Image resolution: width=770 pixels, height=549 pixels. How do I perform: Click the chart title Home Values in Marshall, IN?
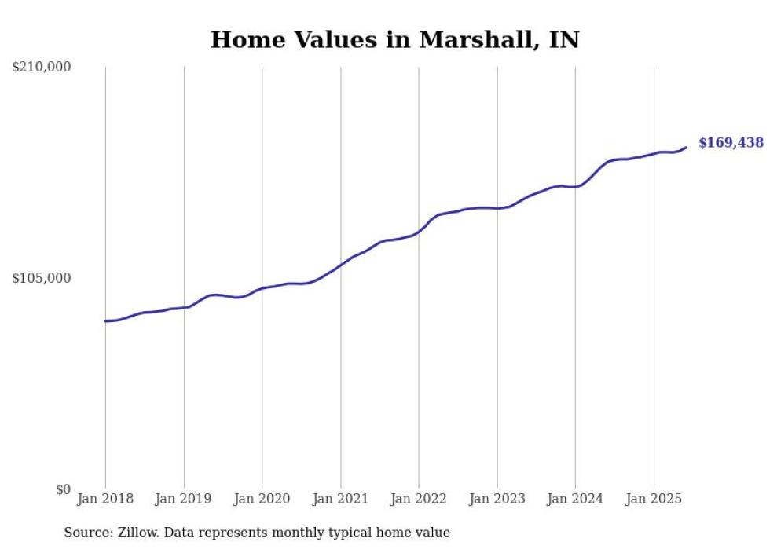(394, 39)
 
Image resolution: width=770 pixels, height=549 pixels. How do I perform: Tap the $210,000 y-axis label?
(42, 68)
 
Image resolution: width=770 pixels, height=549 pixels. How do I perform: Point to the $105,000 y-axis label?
(42, 278)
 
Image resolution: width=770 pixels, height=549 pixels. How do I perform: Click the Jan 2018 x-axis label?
(105, 499)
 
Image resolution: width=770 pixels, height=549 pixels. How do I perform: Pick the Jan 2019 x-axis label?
(184, 499)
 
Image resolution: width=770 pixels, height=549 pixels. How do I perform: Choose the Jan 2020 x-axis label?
(262, 499)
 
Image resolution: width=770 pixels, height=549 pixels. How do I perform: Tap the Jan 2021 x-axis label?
(340, 499)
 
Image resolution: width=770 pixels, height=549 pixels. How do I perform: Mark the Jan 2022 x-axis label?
(419, 499)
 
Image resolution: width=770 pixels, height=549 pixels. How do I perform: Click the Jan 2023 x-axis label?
(497, 499)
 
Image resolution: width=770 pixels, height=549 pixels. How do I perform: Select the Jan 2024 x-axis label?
(575, 499)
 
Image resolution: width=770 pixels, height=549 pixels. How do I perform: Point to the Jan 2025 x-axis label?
(654, 499)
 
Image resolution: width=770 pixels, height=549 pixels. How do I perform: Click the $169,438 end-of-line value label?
(731, 143)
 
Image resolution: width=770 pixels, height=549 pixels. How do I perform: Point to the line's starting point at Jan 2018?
(105, 321)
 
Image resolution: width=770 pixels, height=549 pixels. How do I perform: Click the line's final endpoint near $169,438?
(686, 147)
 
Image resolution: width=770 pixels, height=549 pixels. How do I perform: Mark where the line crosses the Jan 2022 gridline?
(419, 232)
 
